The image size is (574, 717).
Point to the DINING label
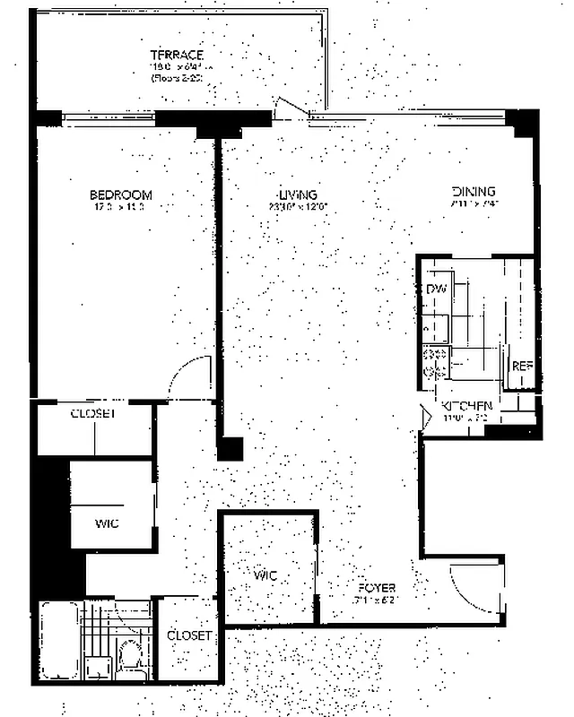click(474, 192)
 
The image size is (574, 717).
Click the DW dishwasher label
click(437, 289)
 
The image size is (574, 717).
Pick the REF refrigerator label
click(521, 367)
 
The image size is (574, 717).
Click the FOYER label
click(376, 588)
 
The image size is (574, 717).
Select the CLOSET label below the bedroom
click(94, 414)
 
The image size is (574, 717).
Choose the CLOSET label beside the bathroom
click(189, 635)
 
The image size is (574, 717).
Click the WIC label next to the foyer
click(265, 573)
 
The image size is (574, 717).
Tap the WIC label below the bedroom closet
click(107, 523)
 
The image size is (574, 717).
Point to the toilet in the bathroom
click(131, 654)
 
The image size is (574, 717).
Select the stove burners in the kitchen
click(436, 361)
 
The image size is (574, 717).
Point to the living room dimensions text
click(299, 208)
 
